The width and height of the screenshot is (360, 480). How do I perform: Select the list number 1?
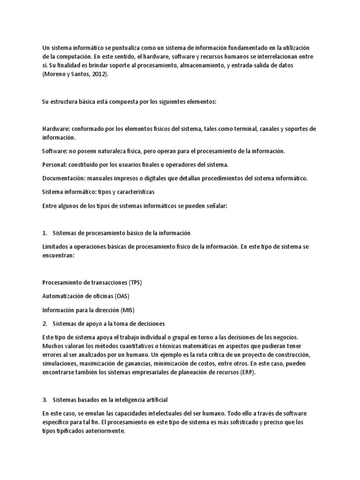[45, 233]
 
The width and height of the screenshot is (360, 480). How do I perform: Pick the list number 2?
[45, 323]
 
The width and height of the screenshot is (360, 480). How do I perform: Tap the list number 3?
[45, 399]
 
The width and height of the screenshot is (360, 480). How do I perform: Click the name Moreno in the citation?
[54, 74]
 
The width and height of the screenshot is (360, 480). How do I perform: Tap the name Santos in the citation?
[80, 74]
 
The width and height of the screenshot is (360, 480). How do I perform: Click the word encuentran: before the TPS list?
[59, 255]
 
